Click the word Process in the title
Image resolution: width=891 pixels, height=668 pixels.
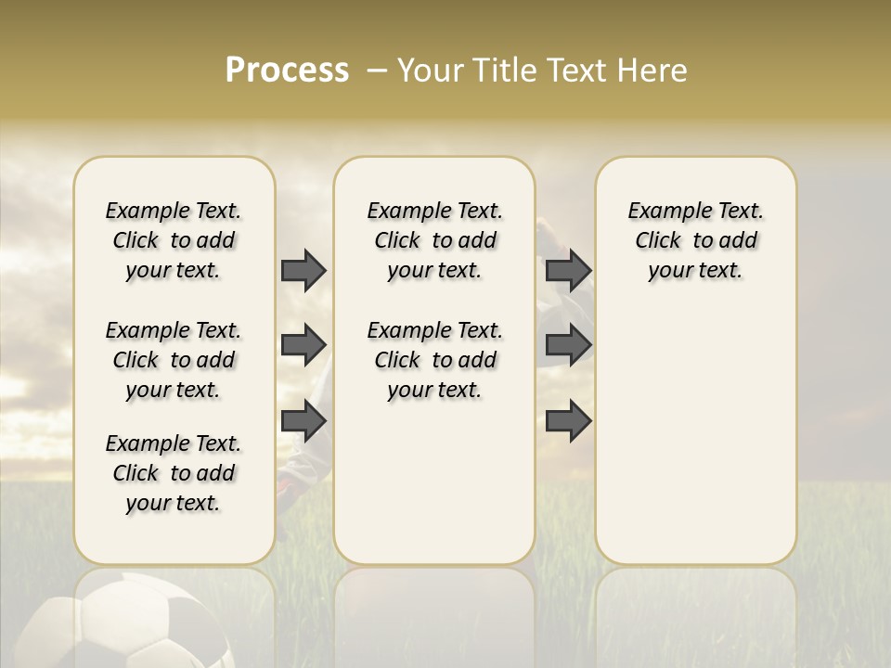[x=287, y=71]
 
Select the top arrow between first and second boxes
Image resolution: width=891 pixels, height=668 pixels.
[x=303, y=270]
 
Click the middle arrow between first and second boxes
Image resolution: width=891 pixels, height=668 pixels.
[x=303, y=345]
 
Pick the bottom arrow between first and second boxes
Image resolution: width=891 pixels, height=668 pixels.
[x=303, y=421]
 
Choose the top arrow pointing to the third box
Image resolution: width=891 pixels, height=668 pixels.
[x=568, y=270]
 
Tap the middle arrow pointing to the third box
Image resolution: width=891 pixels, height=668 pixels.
[x=568, y=345]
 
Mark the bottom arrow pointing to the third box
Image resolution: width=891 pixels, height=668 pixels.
[x=568, y=421]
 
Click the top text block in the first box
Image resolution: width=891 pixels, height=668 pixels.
[x=174, y=240]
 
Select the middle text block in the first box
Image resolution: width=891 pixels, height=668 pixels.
[x=174, y=360]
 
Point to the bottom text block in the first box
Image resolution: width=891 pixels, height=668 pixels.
[x=174, y=473]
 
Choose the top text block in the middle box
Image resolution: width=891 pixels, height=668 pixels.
[x=434, y=240]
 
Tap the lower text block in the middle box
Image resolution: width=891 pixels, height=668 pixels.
[x=434, y=360]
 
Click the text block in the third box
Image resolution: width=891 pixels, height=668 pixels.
[x=695, y=240]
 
